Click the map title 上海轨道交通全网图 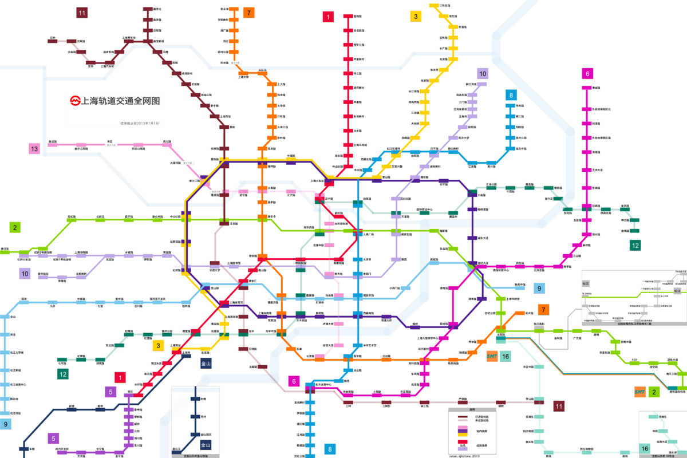point(120,101)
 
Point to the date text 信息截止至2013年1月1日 point(139,123)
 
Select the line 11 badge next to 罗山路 point(559,406)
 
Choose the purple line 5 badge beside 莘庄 point(110,392)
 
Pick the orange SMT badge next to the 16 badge point(491,356)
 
